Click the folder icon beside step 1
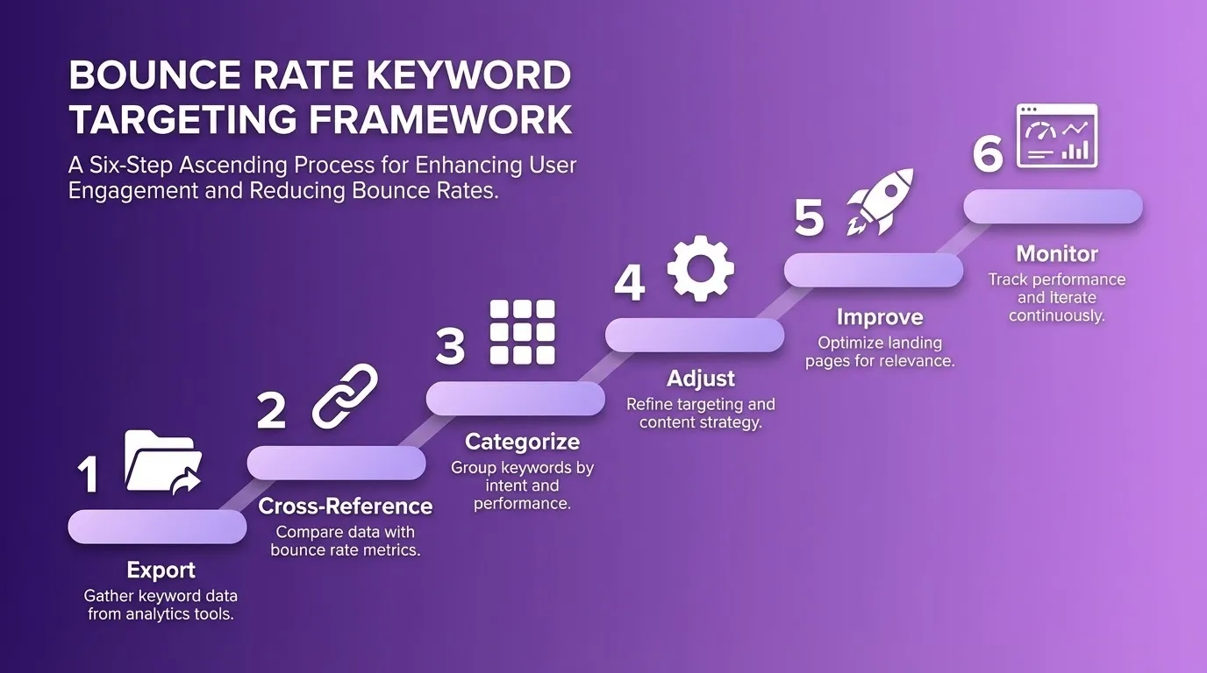(163, 462)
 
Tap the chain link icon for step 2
(345, 396)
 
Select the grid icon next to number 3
(522, 332)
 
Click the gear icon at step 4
(700, 268)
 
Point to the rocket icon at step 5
(880, 202)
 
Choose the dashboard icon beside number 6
(1056, 137)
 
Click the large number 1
(88, 476)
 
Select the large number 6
(988, 155)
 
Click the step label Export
(161, 570)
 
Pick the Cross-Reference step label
(345, 506)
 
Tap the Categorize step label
(522, 441)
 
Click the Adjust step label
(700, 378)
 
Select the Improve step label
(879, 315)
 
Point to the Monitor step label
(1056, 253)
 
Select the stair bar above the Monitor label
(1053, 207)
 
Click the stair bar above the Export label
(157, 526)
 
